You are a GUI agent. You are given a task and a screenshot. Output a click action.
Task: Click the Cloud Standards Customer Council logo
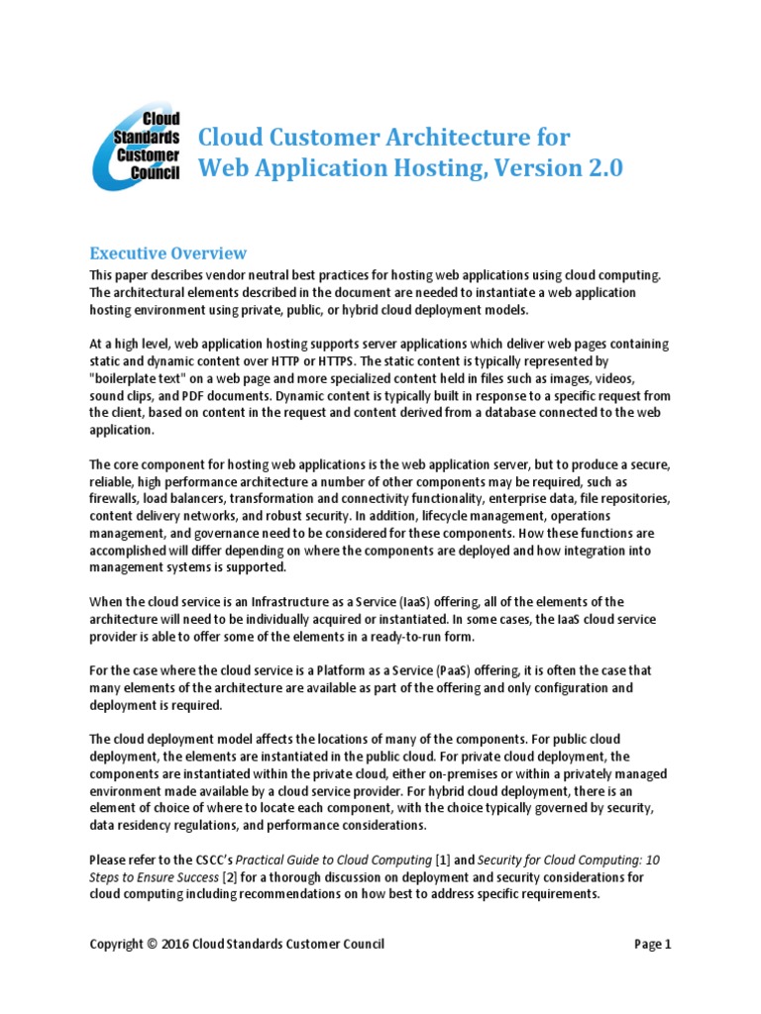136,151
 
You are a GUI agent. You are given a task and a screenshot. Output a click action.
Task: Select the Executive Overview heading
167,253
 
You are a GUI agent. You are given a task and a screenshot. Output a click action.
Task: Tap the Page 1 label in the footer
652,944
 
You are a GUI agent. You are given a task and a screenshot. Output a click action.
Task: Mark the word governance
203,533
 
